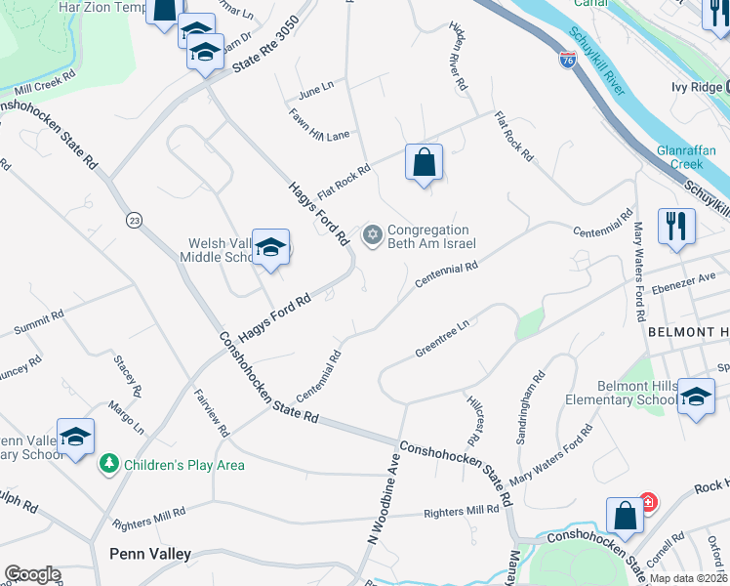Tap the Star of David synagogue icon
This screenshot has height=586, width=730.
372,235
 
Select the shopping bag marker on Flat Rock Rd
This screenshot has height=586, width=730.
424,163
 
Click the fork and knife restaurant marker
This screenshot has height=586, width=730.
675,227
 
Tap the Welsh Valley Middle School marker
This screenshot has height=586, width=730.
270,248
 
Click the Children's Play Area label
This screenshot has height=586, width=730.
184,465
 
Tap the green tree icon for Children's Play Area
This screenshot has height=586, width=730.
111,464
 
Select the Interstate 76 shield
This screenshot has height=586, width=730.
568,60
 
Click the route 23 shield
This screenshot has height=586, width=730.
134,221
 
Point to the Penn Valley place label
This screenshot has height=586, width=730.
149,554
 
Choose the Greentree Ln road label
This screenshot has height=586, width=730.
442,341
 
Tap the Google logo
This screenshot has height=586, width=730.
32,574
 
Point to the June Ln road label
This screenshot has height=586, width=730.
316,91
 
